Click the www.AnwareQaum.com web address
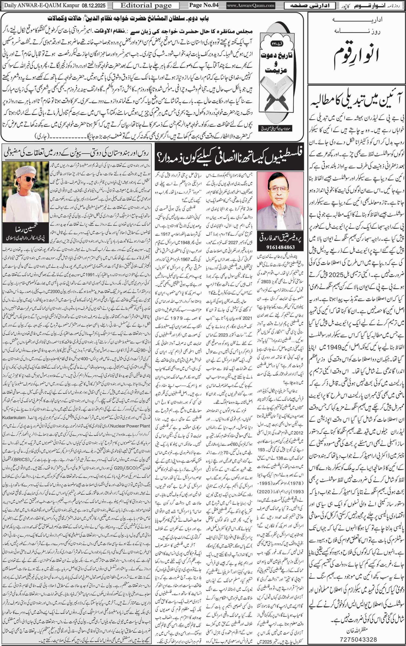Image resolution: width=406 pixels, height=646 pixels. (x=251, y=5)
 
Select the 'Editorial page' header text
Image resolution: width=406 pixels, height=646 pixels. (x=146, y=5)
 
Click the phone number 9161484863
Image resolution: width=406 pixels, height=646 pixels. (x=280, y=247)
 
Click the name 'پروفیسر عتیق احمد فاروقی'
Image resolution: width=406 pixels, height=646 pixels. (x=280, y=238)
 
